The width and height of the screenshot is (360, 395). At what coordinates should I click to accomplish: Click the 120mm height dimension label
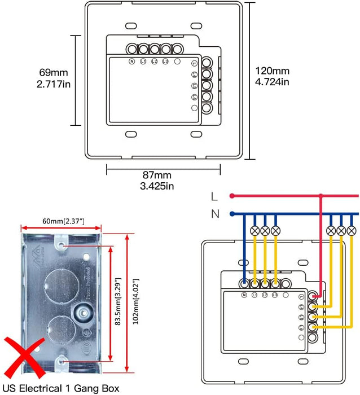273,71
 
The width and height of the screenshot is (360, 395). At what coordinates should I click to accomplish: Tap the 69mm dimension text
52,73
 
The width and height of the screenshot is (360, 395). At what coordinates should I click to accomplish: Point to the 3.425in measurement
156,186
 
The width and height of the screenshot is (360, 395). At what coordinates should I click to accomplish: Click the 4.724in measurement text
273,82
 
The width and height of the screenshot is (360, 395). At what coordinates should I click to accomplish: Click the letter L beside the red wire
213,196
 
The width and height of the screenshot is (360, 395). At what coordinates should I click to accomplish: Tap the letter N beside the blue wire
214,214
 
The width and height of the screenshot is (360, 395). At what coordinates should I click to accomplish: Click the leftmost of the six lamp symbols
254,230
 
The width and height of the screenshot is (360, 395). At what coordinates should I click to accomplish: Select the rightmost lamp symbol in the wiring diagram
352,230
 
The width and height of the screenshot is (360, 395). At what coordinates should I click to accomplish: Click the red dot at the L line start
231,196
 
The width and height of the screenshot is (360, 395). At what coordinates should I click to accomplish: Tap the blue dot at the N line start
231,214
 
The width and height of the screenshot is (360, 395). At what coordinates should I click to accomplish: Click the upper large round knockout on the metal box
59,284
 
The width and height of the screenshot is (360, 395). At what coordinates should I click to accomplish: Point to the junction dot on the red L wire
321,196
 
